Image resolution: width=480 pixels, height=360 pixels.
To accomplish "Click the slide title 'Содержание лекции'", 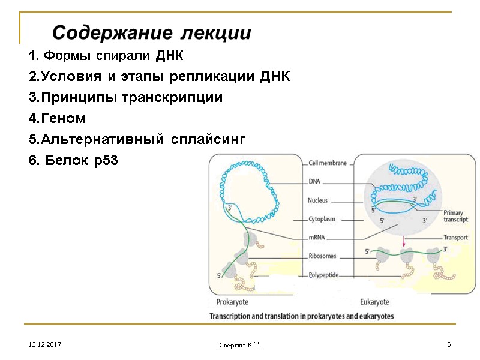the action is [x=151, y=32].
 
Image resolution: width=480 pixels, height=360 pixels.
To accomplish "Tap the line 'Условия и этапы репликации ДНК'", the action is [x=159, y=77].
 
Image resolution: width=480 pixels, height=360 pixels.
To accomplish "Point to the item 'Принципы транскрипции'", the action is [x=125, y=98].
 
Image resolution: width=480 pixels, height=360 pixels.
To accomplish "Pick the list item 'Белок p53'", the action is [x=74, y=161].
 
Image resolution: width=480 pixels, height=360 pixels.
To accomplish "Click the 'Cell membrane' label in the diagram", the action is [x=327, y=163].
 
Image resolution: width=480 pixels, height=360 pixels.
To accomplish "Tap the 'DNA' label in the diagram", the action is [x=314, y=181].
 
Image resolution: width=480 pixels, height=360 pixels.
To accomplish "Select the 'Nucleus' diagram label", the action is [x=318, y=200].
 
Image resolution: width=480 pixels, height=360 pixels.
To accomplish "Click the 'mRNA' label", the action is [x=316, y=238].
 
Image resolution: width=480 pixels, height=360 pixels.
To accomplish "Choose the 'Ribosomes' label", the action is [x=322, y=256].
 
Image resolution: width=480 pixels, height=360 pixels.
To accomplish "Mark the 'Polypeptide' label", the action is [x=324, y=275].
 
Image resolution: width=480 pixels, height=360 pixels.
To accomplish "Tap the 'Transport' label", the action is [x=455, y=238].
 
